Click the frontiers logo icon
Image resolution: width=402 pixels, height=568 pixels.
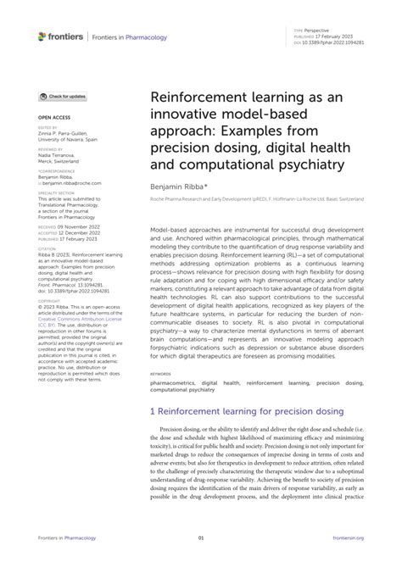coord(43,36)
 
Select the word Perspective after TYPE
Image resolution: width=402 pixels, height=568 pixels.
coord(318,30)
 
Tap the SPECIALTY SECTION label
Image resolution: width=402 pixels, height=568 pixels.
coord(55,192)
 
